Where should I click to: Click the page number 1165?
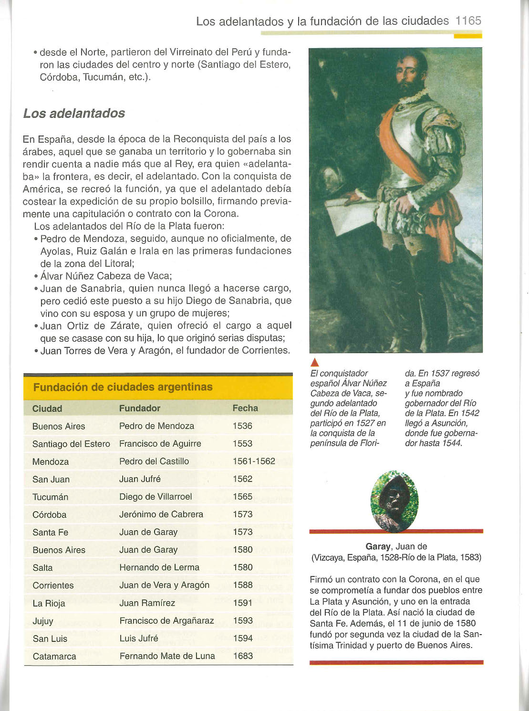pyautogui.click(x=468, y=21)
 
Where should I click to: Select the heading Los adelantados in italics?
pyautogui.click(x=74, y=114)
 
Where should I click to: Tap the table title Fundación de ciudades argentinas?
pyautogui.click(x=123, y=387)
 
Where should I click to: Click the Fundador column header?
pyautogui.click(x=139, y=408)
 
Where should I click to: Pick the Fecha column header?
pyautogui.click(x=245, y=408)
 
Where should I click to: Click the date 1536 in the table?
pyautogui.click(x=242, y=426)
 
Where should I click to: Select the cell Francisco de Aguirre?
pyautogui.click(x=160, y=444)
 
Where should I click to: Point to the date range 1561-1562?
pyautogui.click(x=254, y=461)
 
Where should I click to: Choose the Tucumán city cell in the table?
pyautogui.click(x=50, y=497)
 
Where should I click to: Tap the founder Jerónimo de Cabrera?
pyautogui.click(x=161, y=514)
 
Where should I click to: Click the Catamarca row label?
pyautogui.click(x=54, y=657)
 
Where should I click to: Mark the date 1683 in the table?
pyautogui.click(x=243, y=656)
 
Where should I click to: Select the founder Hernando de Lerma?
pyautogui.click(x=159, y=567)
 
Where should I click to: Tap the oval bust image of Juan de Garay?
pyautogui.click(x=394, y=501)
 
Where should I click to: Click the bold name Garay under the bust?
pyautogui.click(x=378, y=546)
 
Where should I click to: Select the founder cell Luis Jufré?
pyautogui.click(x=139, y=638)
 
